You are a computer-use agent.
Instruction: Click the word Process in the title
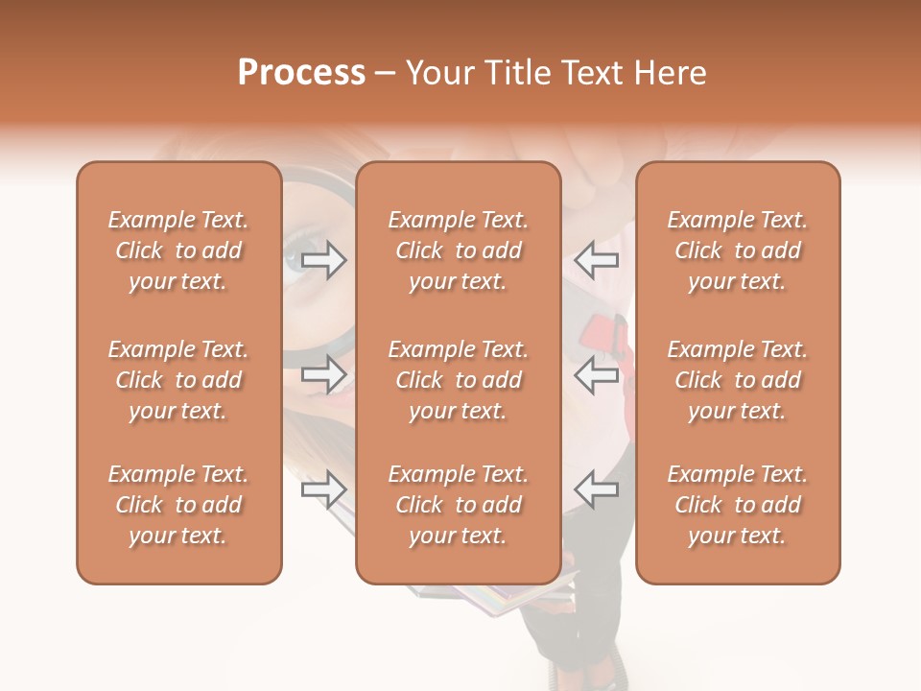[x=301, y=73]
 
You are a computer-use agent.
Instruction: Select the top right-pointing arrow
[x=324, y=260]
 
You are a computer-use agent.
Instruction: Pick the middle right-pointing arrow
[x=324, y=374]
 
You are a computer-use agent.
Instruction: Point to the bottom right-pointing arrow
[x=324, y=489]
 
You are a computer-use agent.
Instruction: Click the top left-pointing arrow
[x=596, y=260]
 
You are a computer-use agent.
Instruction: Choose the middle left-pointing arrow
[x=596, y=374]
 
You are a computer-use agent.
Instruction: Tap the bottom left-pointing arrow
[x=596, y=489]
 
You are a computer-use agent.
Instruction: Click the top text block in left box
[x=178, y=250]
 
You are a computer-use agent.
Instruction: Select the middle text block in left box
[x=178, y=380]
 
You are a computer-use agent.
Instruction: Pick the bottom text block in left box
[x=178, y=505]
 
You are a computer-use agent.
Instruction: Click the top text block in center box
[x=459, y=250]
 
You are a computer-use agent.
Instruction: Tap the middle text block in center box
[x=459, y=380]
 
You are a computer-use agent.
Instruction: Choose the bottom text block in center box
[x=459, y=505]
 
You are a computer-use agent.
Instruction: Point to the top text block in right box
[x=738, y=250]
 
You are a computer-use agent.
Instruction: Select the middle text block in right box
[x=738, y=380]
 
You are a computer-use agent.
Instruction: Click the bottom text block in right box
[x=738, y=505]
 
